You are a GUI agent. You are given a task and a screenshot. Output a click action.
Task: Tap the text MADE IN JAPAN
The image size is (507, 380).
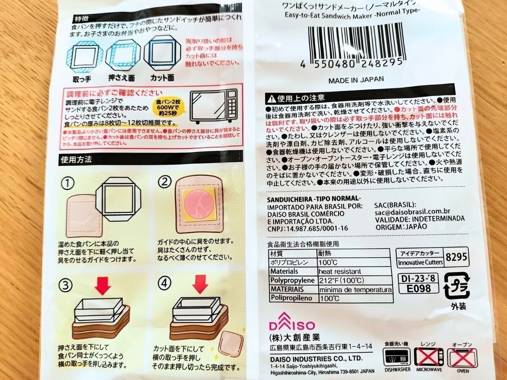pos(356,79)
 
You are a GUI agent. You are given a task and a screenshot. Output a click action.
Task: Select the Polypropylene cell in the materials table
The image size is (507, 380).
pos(292,280)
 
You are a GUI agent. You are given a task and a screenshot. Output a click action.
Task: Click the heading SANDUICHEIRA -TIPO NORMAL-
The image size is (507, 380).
pos(314,198)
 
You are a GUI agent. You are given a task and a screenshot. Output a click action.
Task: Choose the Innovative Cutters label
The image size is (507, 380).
pos(420,263)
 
